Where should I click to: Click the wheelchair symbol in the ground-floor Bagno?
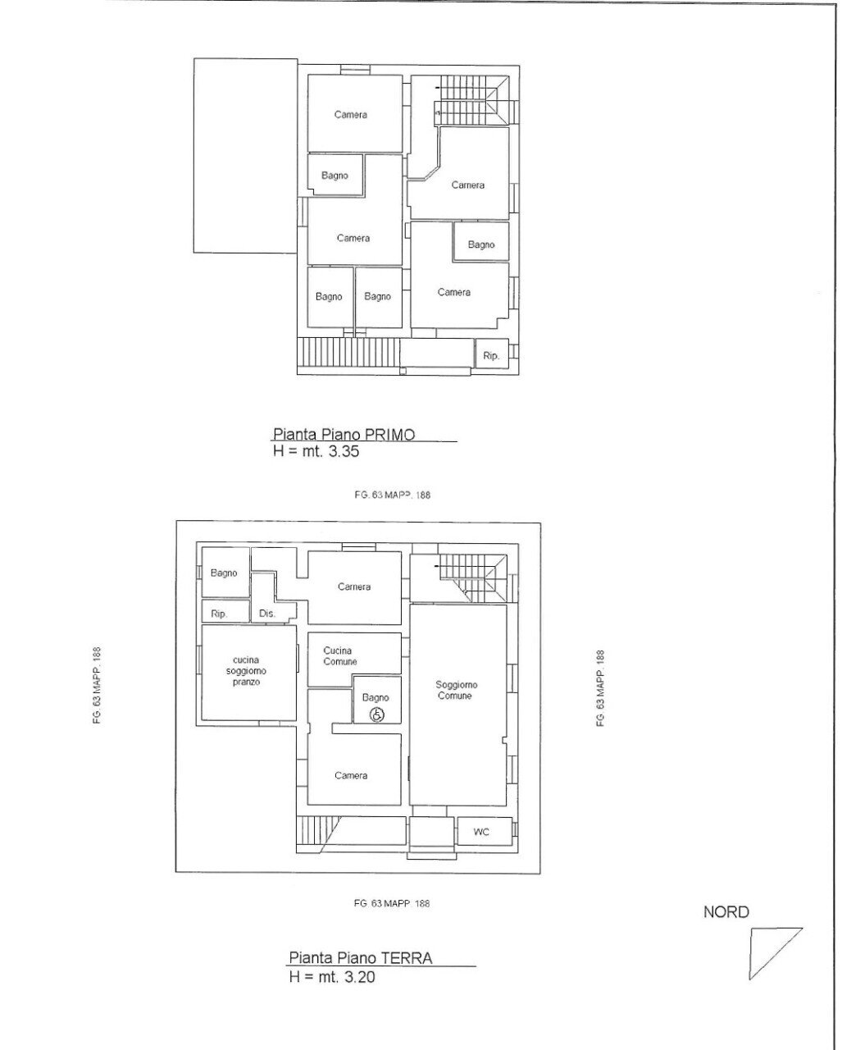[377, 715]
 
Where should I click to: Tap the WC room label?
[480, 832]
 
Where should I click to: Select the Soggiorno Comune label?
[456, 690]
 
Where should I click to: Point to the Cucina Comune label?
[340, 655]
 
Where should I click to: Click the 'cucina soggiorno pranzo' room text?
[246, 671]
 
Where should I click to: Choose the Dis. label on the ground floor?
[266, 614]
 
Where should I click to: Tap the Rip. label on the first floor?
[491, 356]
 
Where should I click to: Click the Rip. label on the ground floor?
[219, 614]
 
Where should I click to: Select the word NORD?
[726, 912]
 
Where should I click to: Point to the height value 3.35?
[344, 451]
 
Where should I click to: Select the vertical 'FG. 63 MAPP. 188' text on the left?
[97, 685]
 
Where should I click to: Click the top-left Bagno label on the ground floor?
[224, 573]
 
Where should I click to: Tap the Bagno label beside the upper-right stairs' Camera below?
[481, 244]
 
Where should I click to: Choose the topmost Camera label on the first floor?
[350, 115]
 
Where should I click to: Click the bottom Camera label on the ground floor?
[351, 775]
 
